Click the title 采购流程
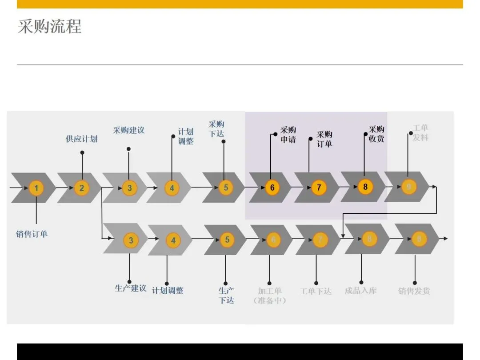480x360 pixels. tap(49, 27)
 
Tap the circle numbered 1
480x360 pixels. tap(36, 188)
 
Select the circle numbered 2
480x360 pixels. tap(82, 188)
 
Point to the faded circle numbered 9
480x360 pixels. tap(408, 187)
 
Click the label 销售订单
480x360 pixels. tap(32, 234)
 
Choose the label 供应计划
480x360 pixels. tap(82, 139)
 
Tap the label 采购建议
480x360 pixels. tap(129, 130)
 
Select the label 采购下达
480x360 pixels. tap(216, 129)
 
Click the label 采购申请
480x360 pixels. tap(288, 134)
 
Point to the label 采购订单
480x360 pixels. tap(324, 139)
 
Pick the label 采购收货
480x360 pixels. tap(376, 134)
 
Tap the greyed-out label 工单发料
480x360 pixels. tap(420, 133)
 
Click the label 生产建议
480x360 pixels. tap(131, 288)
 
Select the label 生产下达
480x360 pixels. tap(226, 295)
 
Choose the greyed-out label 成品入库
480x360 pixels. tap(360, 291)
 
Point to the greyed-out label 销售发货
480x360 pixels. tap(414, 291)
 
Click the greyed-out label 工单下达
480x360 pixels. tap(316, 291)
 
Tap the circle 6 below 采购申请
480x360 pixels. tap(272, 187)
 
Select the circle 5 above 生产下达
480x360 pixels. tap(227, 240)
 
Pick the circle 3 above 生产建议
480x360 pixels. tap(131, 240)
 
